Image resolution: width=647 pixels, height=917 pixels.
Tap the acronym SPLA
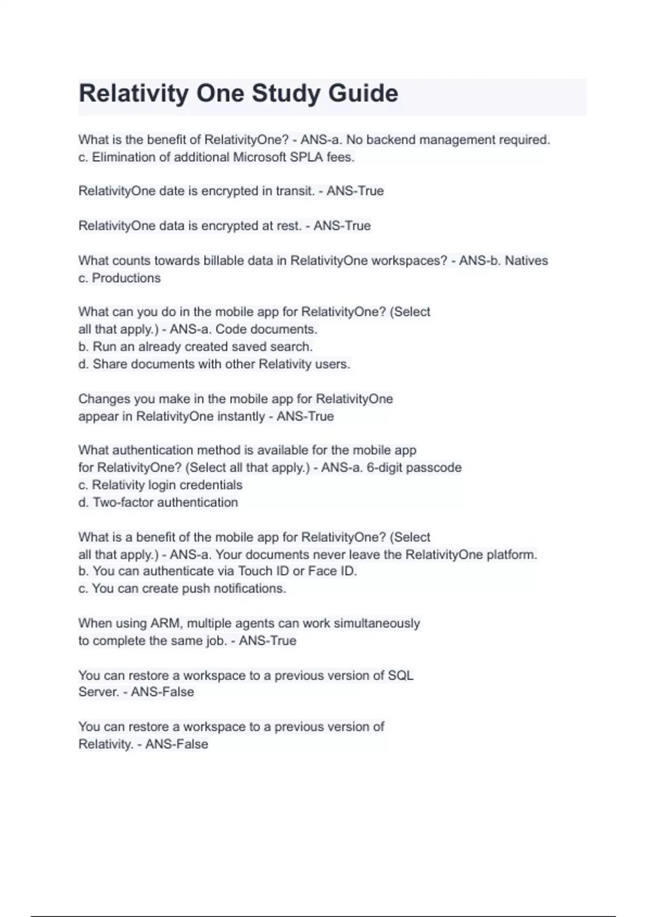(x=306, y=158)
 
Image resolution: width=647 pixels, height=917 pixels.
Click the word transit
(x=295, y=191)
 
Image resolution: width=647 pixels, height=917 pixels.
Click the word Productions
(x=126, y=278)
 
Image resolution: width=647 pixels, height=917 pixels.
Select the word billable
(x=224, y=261)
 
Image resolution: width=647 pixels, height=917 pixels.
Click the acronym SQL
(x=400, y=675)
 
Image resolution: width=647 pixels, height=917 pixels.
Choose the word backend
(x=391, y=140)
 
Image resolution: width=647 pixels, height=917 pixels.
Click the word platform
(x=512, y=555)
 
